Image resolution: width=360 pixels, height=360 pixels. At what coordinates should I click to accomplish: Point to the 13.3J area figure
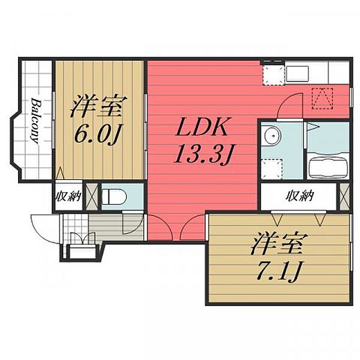pyautogui.click(x=203, y=155)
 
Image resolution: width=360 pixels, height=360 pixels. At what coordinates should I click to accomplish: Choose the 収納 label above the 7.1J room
pyautogui.click(x=299, y=196)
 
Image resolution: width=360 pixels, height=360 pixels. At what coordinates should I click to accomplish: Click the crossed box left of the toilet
pyautogui.click(x=92, y=197)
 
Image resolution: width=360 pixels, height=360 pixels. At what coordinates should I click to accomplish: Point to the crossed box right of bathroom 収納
pyautogui.click(x=344, y=196)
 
